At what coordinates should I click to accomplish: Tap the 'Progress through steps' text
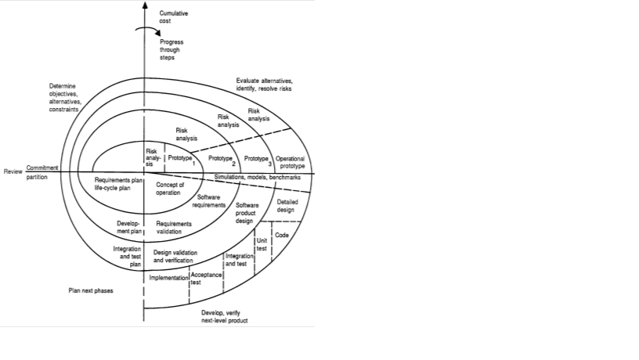coord(172,49)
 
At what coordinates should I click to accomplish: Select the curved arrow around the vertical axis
coord(143,32)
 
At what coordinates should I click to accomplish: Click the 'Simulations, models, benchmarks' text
coord(258,178)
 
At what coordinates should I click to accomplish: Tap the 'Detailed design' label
coord(287,205)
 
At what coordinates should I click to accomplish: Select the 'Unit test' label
coord(262,244)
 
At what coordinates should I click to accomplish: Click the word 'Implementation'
coord(168,278)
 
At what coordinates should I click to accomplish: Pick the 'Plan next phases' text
coord(91,290)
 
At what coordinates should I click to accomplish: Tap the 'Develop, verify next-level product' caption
coord(225,316)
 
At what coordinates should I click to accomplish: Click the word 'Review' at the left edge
coord(13,171)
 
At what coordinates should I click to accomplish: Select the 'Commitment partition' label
coord(42,172)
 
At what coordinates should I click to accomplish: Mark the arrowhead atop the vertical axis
coord(143,5)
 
